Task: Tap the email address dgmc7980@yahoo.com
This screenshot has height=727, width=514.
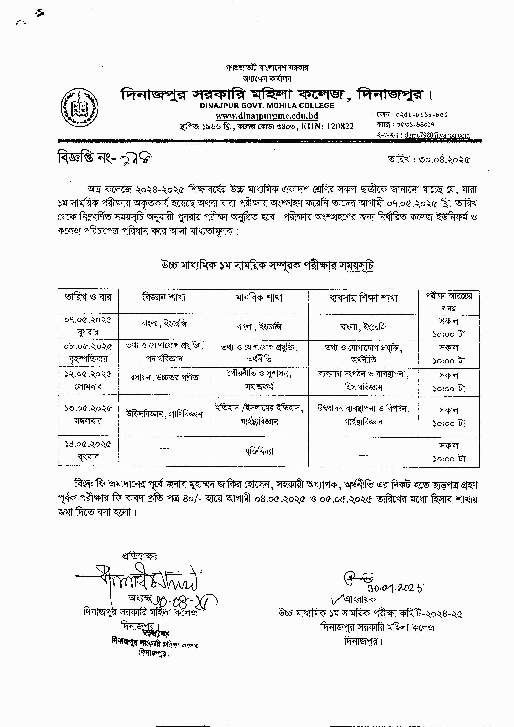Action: (437, 135)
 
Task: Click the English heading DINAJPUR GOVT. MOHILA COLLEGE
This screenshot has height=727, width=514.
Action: (267, 106)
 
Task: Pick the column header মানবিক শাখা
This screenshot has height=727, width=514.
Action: (259, 298)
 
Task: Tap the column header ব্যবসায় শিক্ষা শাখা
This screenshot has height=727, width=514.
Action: (363, 298)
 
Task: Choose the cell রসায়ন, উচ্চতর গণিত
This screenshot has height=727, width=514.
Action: (164, 378)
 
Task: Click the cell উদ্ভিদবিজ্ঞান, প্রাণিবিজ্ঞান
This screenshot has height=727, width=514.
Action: (164, 414)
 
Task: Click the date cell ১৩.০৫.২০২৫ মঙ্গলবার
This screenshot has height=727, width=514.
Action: (88, 414)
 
